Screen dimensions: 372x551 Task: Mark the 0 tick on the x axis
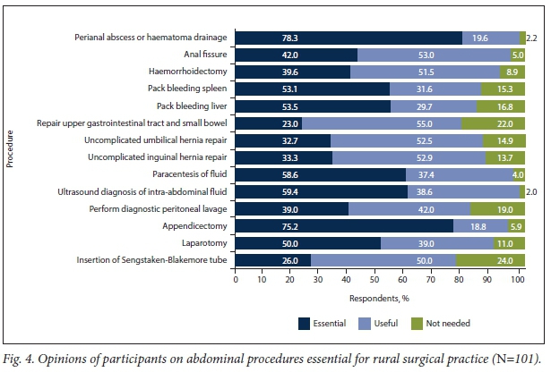pyautogui.click(x=236, y=279)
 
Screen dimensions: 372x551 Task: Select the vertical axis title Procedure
pyautogui.click(x=13, y=148)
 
